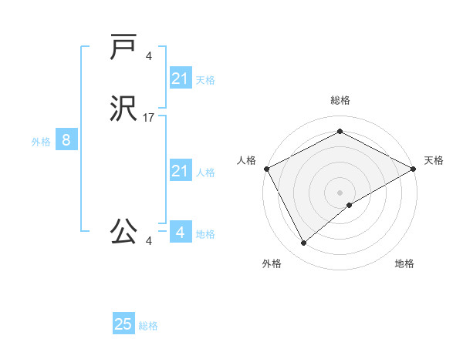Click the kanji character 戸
coord(123,48)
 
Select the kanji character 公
coord(124,230)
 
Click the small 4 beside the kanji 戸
coord(149,55)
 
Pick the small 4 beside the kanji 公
coord(149,241)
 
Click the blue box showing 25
coord(123,324)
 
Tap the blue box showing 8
coord(66,140)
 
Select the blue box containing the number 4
coord(180,232)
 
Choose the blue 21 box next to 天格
coord(180,79)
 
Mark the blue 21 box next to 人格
coord(180,171)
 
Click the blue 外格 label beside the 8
coord(41,142)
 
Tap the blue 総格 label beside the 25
coord(148,326)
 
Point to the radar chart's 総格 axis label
coord(340,100)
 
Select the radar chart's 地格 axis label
coord(404,264)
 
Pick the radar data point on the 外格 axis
coord(303,243)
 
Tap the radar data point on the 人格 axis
coord(266,169)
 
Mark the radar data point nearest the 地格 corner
coord(350,205)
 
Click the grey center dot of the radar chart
coord(340,192)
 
